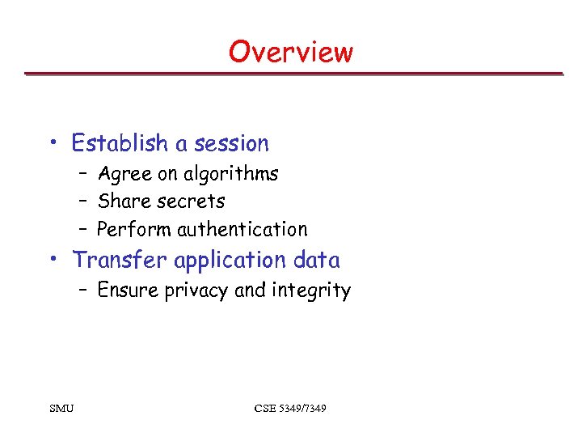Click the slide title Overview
point(290,52)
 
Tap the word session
point(231,143)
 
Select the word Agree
point(120,174)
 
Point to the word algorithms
point(230,174)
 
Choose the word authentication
point(242,229)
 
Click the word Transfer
point(120,260)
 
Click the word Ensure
point(128,290)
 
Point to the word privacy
point(196,291)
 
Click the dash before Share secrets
point(84,202)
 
